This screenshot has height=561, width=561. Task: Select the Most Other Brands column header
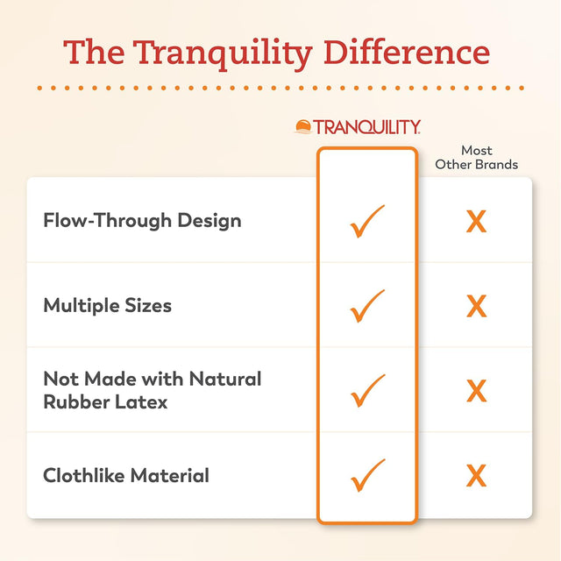477,158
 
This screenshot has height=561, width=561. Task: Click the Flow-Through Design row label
142,220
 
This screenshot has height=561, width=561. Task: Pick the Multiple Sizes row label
107,305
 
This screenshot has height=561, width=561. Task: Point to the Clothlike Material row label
126,476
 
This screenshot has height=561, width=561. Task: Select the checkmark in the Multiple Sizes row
366,306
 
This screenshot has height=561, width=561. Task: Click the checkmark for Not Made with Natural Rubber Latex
366,391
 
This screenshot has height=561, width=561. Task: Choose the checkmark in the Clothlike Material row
366,476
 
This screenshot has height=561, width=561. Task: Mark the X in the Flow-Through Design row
476,222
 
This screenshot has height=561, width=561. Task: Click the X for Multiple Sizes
476,307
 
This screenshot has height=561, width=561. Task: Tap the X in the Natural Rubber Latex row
476,391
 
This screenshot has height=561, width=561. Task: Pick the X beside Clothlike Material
476,476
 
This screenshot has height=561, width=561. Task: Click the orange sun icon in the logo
303,128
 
